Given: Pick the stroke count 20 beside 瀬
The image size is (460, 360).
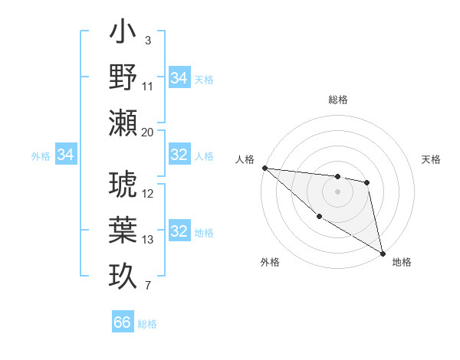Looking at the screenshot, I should tap(148, 132).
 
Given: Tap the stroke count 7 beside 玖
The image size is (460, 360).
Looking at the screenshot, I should tap(148, 286).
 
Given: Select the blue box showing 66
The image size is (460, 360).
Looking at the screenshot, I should tap(123, 322).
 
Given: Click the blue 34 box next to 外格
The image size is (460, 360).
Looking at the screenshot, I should tap(66, 155).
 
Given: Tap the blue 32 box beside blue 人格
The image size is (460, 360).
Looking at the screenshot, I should tap(179, 155).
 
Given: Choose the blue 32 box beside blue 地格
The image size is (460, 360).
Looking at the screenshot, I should tap(179, 231).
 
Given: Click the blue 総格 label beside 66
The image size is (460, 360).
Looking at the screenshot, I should tap(147, 324).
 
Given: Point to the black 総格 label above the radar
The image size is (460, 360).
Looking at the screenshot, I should tap(337, 100).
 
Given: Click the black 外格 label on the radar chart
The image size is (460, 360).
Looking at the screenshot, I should tap(270, 262).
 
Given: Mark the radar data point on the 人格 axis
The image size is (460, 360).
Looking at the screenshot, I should tap(264, 168).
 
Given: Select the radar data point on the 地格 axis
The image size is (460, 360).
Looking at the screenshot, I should tap(383, 253).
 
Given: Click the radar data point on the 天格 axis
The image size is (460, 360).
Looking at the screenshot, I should tap(367, 182).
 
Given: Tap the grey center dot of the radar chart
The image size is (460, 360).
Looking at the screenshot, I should tap(337, 191).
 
